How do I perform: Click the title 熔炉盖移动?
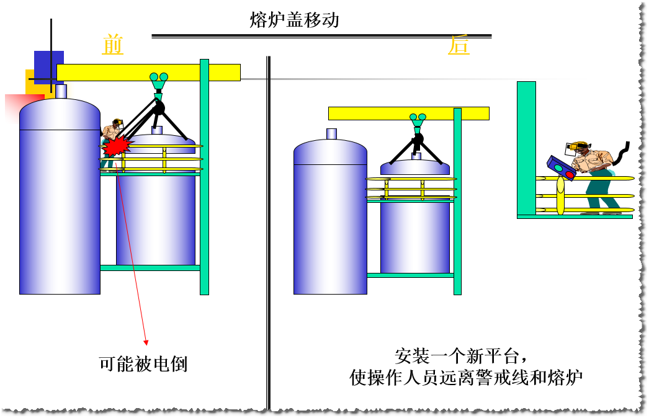(x=294, y=20)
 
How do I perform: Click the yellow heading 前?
(x=112, y=45)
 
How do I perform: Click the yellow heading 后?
(x=459, y=45)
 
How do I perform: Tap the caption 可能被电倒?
(x=143, y=364)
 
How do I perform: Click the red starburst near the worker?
(x=117, y=146)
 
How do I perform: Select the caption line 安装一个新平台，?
(x=462, y=357)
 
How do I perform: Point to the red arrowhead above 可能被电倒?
(x=146, y=341)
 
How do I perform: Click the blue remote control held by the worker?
(x=561, y=168)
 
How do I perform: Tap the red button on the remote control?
(x=570, y=175)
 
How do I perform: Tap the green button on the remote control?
(x=557, y=167)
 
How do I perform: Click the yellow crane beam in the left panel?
(x=148, y=73)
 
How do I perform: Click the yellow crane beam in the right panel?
(x=408, y=113)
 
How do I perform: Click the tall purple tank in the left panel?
(x=60, y=198)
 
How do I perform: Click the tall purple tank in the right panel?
(x=330, y=217)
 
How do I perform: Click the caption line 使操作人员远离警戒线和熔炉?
(x=467, y=378)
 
